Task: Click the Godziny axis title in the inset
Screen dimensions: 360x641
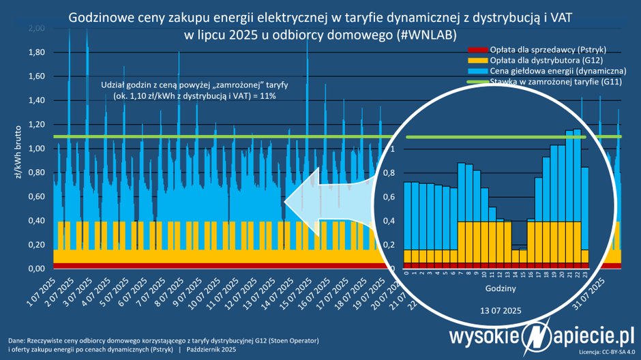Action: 494,289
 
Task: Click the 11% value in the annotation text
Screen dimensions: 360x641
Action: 275,97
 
